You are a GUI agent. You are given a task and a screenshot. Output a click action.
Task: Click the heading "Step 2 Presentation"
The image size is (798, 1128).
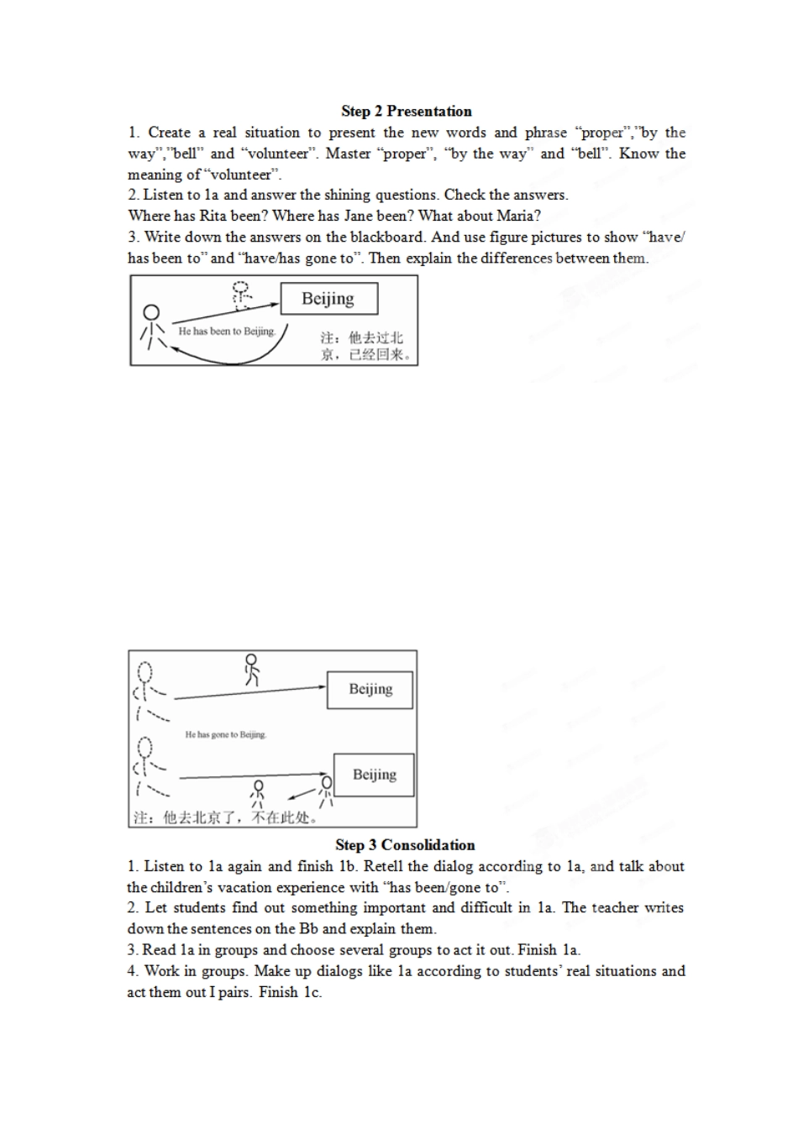[x=407, y=112]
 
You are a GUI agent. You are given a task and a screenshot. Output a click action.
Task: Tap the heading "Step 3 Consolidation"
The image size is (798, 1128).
[x=405, y=844]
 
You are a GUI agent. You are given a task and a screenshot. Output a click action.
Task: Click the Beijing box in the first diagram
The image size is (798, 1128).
[x=329, y=299]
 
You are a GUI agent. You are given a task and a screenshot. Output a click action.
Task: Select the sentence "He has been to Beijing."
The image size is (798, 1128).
[x=227, y=332]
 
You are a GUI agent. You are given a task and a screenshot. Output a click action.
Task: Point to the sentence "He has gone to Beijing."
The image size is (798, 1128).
[x=226, y=734]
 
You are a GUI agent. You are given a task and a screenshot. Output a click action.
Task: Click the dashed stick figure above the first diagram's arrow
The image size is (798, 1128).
[x=242, y=295]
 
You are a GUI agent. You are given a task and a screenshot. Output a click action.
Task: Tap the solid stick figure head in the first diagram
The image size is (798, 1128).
[x=150, y=313]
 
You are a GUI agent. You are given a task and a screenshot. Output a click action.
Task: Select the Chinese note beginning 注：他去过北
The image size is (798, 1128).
[x=362, y=347]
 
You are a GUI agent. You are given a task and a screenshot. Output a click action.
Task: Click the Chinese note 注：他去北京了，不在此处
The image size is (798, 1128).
[x=226, y=817]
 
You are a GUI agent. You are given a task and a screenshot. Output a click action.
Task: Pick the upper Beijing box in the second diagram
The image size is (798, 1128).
[x=370, y=690]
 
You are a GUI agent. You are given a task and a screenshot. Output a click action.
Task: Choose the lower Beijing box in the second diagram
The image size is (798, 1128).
[x=374, y=775]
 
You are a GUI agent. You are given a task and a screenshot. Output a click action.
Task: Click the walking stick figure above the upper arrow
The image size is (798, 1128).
[x=251, y=670]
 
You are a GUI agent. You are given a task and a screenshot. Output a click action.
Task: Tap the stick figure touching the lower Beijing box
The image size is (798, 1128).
[x=326, y=792]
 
